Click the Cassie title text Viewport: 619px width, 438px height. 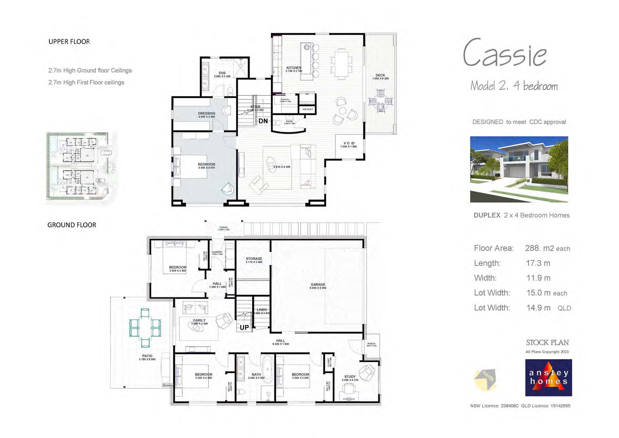[x=505, y=54]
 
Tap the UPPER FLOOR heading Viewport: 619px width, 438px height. [x=69, y=42]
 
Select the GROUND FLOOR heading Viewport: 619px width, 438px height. [x=72, y=225]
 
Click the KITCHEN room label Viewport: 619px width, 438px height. [x=294, y=68]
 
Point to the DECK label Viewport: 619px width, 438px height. [x=380, y=75]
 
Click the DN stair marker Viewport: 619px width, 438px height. [x=263, y=121]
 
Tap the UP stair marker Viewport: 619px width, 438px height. [x=244, y=328]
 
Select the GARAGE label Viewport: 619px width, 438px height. [x=318, y=284]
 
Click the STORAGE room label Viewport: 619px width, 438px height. [x=254, y=259]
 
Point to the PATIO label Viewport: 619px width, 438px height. [x=147, y=356]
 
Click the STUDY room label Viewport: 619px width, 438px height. [x=350, y=377]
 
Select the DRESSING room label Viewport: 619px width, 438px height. [x=206, y=114]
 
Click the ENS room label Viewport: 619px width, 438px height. [x=222, y=73]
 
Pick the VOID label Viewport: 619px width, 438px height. [x=349, y=143]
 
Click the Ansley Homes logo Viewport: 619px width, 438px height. [x=548, y=378]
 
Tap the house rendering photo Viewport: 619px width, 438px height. [x=519, y=169]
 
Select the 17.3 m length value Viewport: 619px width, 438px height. [x=538, y=263]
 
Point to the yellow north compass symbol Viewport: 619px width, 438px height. [x=486, y=380]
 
